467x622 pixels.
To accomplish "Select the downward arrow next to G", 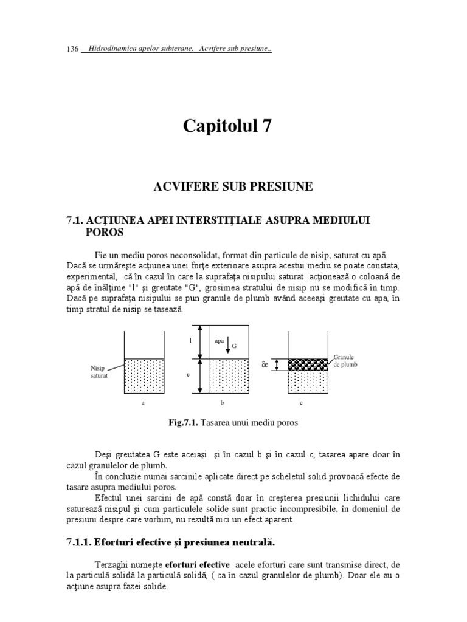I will pyautogui.click(x=227, y=347).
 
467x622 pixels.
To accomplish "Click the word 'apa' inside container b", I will pyautogui.click(x=220, y=341).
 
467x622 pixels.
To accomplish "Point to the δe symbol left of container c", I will pyautogui.click(x=265, y=365).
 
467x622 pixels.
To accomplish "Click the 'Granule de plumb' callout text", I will pyautogui.click(x=345, y=361).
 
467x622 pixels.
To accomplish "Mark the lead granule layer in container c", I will pyautogui.click(x=308, y=364).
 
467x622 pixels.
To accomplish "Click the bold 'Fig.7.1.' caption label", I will pyautogui.click(x=187, y=423).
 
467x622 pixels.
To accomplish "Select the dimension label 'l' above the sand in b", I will pyautogui.click(x=190, y=341).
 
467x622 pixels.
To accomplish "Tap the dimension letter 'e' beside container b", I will pyautogui.click(x=190, y=375).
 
